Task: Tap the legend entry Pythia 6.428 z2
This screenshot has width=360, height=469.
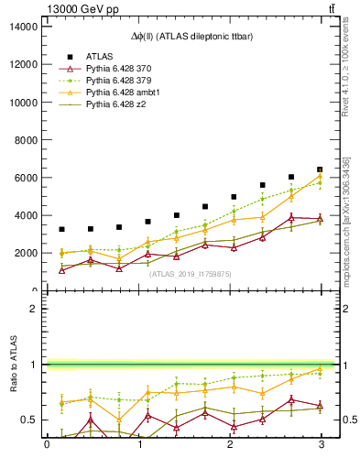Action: pyautogui.click(x=116, y=105)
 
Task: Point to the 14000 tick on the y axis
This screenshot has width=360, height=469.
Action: pyautogui.click(x=23, y=27)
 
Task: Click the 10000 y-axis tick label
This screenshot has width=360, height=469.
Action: pyautogui.click(x=23, y=103)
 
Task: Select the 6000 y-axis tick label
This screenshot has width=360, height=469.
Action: pyautogui.click(x=26, y=178)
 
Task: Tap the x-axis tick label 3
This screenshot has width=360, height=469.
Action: pyautogui.click(x=320, y=445)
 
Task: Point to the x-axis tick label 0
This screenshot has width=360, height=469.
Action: pyautogui.click(x=47, y=445)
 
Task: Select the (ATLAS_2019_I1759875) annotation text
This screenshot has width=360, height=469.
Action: pyautogui.click(x=183, y=274)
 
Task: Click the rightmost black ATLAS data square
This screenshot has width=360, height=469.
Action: pyautogui.click(x=320, y=169)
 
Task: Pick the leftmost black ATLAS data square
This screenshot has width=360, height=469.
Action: pyautogui.click(x=61, y=229)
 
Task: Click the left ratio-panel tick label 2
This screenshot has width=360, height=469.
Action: pyautogui.click(x=32, y=309)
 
